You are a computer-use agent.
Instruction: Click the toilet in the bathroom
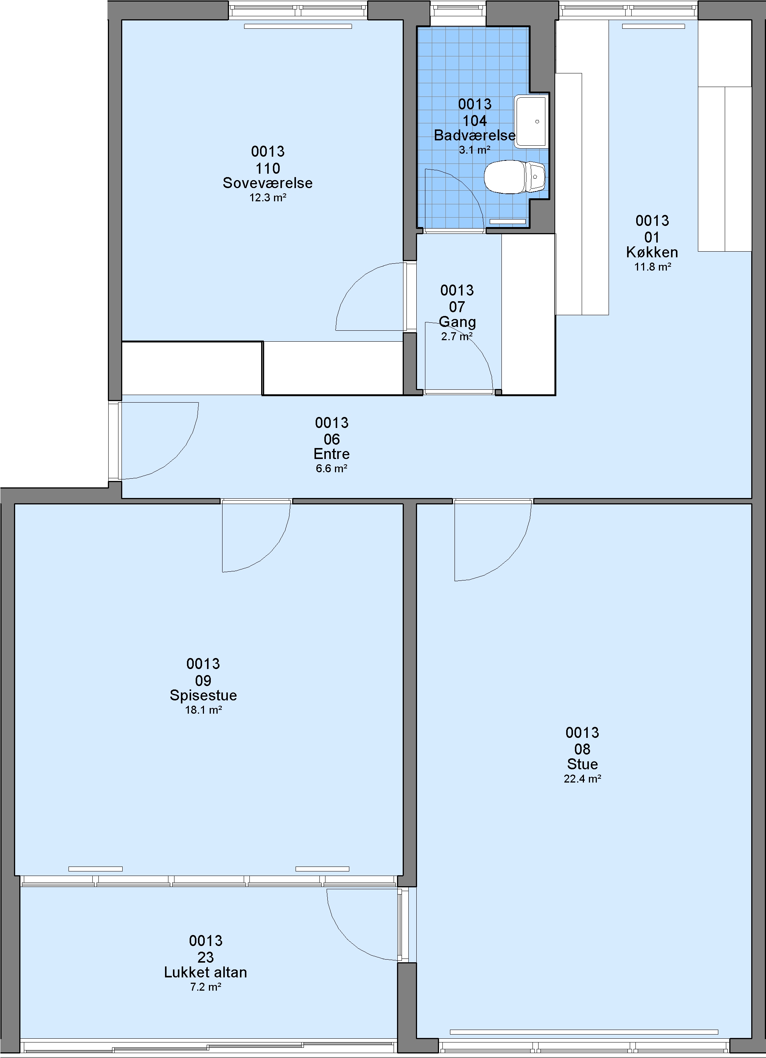pos(514,177)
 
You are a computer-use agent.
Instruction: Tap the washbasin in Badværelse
pos(531,122)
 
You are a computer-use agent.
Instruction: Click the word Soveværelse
pos(268,183)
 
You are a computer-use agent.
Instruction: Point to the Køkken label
pos(652,252)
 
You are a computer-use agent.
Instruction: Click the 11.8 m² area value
pos(652,267)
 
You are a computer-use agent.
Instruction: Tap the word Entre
pos(332,454)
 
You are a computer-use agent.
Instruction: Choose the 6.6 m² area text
pos(332,469)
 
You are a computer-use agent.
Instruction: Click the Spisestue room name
pos(203,695)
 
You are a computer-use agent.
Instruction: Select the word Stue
pos(582,764)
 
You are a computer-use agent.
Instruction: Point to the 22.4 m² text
pos(582,779)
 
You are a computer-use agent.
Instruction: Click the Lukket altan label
pos(206,972)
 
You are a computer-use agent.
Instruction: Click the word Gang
pos(457,322)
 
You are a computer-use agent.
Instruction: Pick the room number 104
pos(475,121)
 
